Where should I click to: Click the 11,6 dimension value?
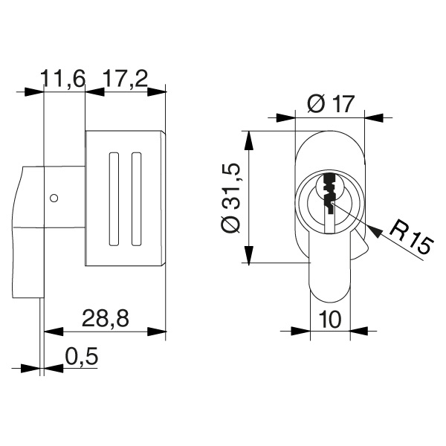[x=65, y=77]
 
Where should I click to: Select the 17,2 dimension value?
[x=124, y=77]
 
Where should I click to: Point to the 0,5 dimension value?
[x=82, y=357]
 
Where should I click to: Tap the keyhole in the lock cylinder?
[x=328, y=195]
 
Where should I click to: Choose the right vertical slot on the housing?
[x=135, y=198]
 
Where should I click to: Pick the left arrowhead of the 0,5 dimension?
[x=30, y=367]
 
